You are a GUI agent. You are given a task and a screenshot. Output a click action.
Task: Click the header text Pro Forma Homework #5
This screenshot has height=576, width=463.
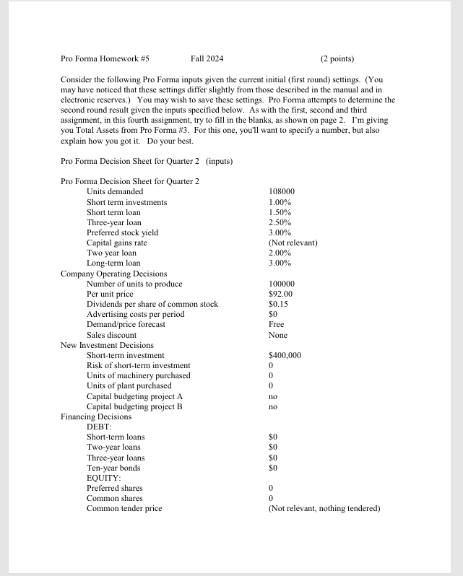[105, 58]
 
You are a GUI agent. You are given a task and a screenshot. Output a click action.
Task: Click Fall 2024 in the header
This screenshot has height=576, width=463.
[207, 58]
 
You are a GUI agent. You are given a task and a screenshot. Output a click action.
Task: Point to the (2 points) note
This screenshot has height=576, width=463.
[337, 58]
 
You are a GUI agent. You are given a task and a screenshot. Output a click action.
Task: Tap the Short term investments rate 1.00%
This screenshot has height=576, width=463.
[279, 202]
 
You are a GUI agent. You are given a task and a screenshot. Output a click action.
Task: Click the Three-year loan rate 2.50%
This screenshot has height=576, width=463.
[279, 222]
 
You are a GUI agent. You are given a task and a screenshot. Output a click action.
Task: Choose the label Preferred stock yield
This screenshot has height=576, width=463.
[122, 232]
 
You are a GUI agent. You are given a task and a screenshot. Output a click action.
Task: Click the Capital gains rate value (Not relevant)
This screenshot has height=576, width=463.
[293, 243]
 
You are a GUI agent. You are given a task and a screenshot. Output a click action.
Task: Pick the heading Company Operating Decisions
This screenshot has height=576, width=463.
[113, 274]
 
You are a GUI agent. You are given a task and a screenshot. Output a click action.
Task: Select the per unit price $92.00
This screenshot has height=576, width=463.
[280, 294]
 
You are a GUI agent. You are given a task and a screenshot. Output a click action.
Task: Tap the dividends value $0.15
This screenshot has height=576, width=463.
[277, 304]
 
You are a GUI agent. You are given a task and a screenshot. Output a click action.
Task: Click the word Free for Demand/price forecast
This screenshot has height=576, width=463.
[276, 324]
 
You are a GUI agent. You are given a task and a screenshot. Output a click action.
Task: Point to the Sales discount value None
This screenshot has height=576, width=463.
[277, 335]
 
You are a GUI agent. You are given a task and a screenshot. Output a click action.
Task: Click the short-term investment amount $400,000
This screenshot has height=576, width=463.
[285, 355]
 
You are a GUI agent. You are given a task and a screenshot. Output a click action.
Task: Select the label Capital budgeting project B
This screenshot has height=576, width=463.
[134, 406]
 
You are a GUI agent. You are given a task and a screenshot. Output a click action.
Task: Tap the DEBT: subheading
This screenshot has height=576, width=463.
[98, 427]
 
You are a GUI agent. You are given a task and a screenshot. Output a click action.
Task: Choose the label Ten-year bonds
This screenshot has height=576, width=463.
[113, 468]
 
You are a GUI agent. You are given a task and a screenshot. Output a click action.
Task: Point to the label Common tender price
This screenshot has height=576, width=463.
[124, 508]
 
